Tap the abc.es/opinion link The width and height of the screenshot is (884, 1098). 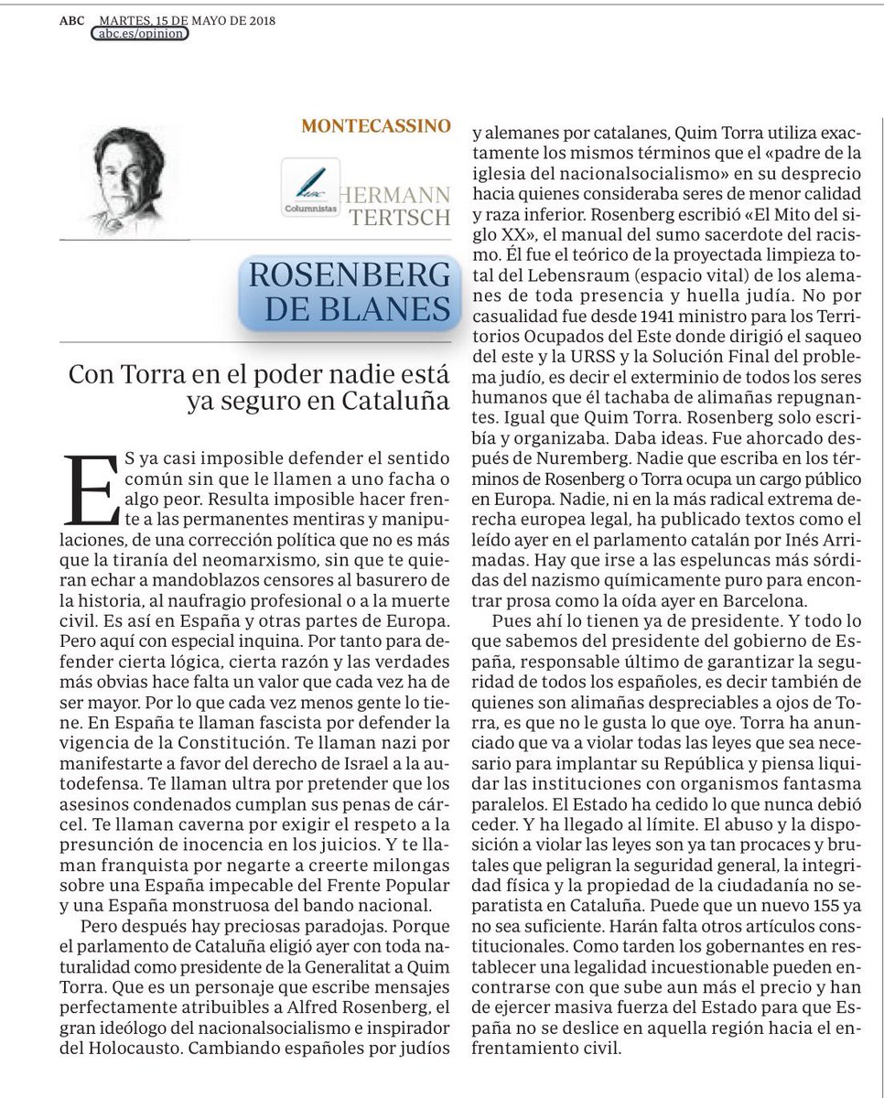(x=141, y=34)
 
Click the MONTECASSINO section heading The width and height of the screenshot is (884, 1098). (x=376, y=126)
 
